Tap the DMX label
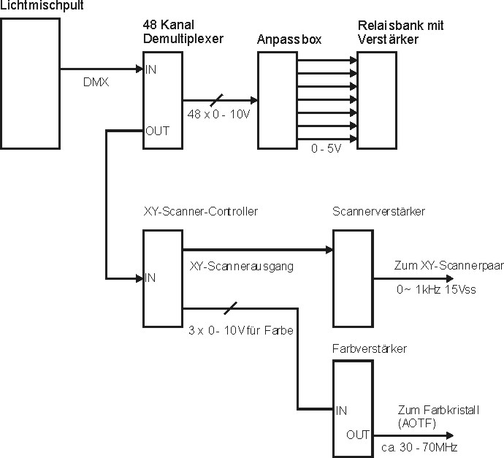[96, 83]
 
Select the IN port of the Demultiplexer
[151, 69]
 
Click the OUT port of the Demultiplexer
[156, 131]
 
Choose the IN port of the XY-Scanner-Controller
[150, 277]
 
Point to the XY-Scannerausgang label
[241, 267]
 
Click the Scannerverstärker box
[353, 278]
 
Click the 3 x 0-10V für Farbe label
[240, 331]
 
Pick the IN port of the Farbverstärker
[341, 410]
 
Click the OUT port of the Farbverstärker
[358, 435]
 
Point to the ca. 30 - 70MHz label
[419, 446]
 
